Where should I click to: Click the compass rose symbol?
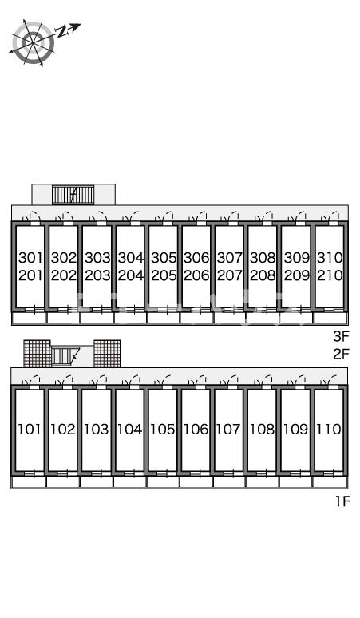[x=33, y=42]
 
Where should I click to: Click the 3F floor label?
[x=341, y=336]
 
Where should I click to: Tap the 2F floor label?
[x=341, y=354]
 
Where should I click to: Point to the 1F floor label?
[x=342, y=501]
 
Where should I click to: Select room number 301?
[x=30, y=258]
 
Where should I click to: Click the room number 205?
[x=164, y=275]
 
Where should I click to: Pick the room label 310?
[x=330, y=258]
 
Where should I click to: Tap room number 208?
[x=263, y=275]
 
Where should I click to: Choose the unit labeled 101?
[x=30, y=429]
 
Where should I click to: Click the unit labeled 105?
[x=162, y=429]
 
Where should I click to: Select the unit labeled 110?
[x=329, y=429]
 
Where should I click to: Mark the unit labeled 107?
[x=228, y=429]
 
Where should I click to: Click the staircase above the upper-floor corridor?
[x=73, y=195]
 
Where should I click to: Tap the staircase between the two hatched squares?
[x=65, y=356]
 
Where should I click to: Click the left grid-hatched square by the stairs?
[x=37, y=353]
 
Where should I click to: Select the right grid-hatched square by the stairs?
[x=107, y=353]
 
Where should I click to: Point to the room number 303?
[x=97, y=258]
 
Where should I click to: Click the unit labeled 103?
[x=96, y=429]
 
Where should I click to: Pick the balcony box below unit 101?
[x=29, y=482]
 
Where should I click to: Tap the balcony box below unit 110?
[x=330, y=482]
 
